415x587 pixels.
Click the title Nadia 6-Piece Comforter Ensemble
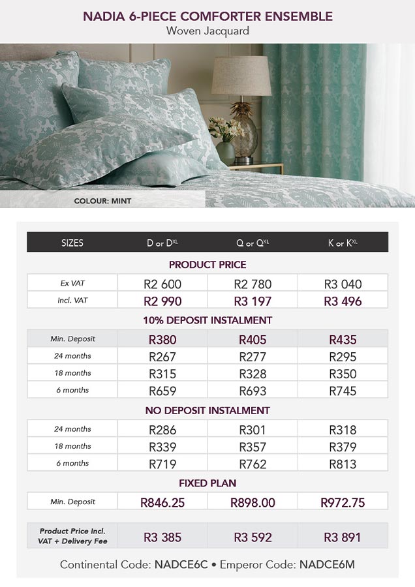coord(207,16)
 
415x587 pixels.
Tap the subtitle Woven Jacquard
coord(207,31)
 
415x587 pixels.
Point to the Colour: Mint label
coord(102,201)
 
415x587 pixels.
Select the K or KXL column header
coord(343,243)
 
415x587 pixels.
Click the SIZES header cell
coord(72,243)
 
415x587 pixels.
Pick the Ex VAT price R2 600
coord(162,284)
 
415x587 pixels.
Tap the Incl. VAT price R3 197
coord(253,301)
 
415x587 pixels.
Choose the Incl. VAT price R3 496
coord(343,301)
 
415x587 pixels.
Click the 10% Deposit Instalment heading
coord(207,320)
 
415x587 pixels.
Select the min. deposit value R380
coord(162,340)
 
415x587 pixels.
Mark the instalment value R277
coord(253,357)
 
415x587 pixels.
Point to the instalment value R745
coord(343,391)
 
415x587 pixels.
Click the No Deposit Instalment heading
coord(207,410)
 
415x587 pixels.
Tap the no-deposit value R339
coord(162,447)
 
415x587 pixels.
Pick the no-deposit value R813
coord(343,464)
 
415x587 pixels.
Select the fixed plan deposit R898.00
coord(253,502)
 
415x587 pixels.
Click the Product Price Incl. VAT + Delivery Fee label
coord(72,536)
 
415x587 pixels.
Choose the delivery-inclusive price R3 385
coord(162,538)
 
